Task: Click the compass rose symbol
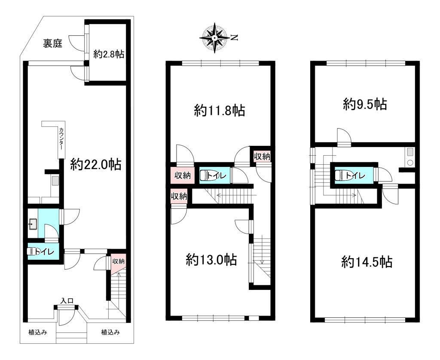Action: tap(214, 38)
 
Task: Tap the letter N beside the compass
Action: tap(234, 37)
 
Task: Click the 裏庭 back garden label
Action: tap(52, 43)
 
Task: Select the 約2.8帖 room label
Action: tap(109, 54)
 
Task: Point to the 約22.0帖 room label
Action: tap(96, 165)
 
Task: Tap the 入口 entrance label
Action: tap(67, 301)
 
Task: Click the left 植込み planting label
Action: tap(38, 332)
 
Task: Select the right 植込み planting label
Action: tap(110, 332)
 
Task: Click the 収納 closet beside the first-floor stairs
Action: tap(118, 261)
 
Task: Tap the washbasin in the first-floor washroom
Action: tap(33, 224)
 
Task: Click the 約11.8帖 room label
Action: tap(220, 111)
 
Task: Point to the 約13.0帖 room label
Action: tap(211, 260)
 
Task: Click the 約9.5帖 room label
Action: tap(365, 104)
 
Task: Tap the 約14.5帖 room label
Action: tap(367, 262)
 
